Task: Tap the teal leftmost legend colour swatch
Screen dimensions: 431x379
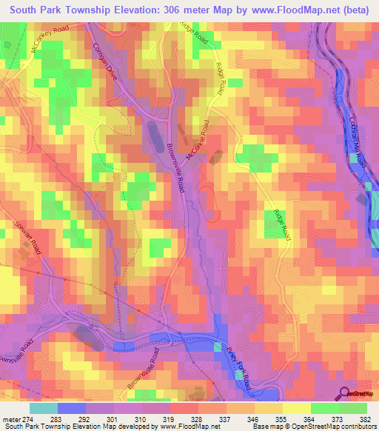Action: [x=43, y=408]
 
